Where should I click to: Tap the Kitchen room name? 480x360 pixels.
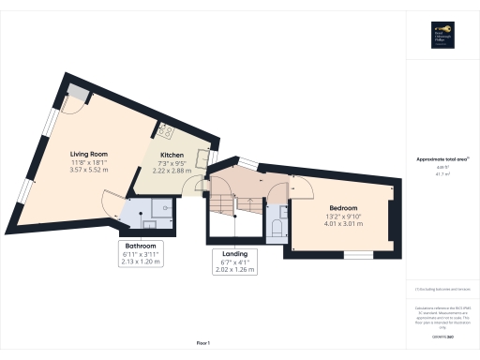coord(172,154)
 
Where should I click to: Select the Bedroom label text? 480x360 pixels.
coord(342,206)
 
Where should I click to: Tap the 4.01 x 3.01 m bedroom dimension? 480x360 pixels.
coord(342,224)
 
